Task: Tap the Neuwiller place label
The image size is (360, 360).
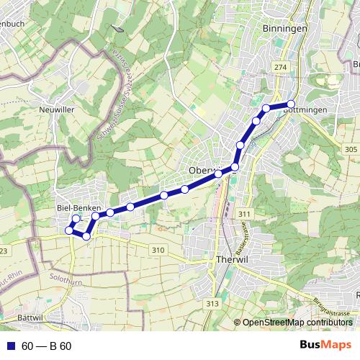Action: pyautogui.click(x=56, y=110)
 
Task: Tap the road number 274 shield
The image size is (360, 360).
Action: pyautogui.click(x=279, y=66)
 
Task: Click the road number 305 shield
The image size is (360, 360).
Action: pyautogui.click(x=350, y=149)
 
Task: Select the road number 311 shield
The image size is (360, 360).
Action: pyautogui.click(x=244, y=215)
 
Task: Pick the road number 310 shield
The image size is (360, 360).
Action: pyautogui.click(x=158, y=250)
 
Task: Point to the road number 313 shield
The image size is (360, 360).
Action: pyautogui.click(x=212, y=305)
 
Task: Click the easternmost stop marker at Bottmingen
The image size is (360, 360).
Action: pyautogui.click(x=291, y=104)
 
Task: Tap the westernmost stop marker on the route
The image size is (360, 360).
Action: pyautogui.click(x=70, y=230)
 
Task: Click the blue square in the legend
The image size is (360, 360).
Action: pyautogui.click(x=9, y=346)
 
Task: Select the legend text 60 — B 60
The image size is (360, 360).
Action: pyautogui.click(x=47, y=346)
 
